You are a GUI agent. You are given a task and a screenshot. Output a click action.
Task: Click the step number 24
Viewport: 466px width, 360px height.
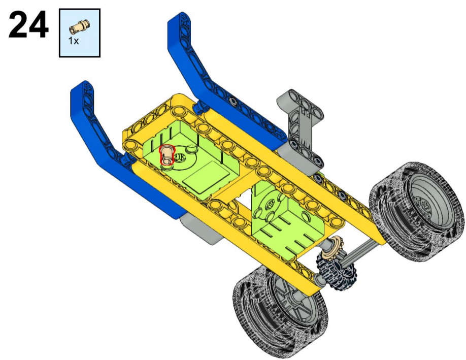28,24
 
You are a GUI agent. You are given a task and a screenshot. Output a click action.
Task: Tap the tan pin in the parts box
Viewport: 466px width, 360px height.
79,26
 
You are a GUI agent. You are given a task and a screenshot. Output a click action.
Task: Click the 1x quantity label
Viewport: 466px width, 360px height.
74,41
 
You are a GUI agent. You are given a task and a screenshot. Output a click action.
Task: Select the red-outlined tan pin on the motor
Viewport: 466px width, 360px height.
167,154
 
